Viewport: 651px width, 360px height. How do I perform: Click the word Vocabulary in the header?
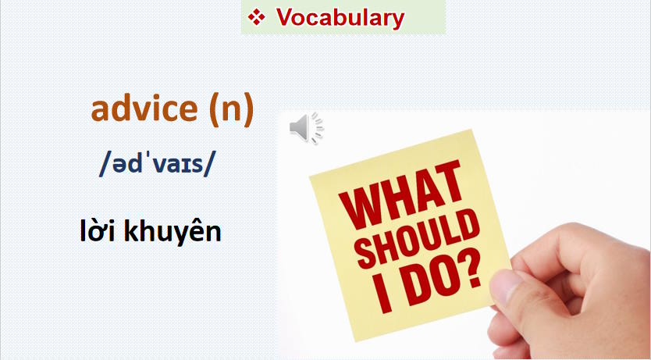340,17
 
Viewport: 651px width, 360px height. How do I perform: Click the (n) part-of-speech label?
231,109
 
